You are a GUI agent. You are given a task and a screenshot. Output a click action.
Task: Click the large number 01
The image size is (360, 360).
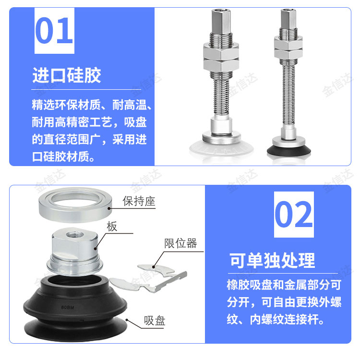click(54, 31)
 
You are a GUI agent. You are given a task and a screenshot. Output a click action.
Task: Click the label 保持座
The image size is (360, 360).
click(139, 201)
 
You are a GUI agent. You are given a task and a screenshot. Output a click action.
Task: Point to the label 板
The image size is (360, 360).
click(112, 227)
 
